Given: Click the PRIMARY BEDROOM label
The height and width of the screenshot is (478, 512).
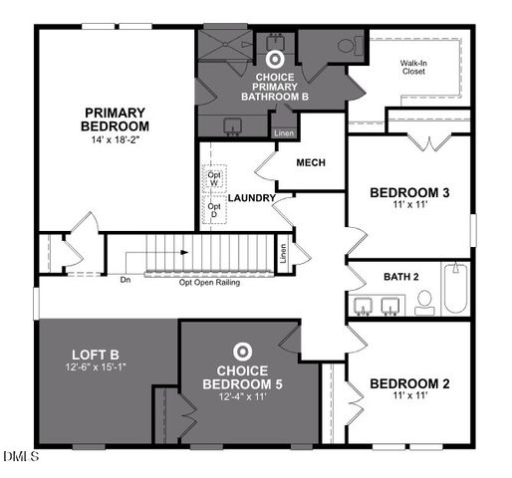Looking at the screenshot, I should [116, 119].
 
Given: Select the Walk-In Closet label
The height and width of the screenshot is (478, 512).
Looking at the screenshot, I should [414, 68].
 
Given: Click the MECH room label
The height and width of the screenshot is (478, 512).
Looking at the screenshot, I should [311, 163].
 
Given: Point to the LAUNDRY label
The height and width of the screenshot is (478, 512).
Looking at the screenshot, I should [251, 198].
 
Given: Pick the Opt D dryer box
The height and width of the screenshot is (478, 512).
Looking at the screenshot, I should [214, 211].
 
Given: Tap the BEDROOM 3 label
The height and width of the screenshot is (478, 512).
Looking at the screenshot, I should [407, 193].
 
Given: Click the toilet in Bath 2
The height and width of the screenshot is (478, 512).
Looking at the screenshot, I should [424, 301].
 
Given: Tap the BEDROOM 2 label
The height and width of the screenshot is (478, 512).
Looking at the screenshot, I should [407, 383].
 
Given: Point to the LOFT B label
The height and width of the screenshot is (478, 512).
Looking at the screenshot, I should [95, 355].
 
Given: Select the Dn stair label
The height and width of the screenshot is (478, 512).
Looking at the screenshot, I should [125, 280].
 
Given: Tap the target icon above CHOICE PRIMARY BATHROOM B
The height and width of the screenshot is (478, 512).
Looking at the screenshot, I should [274, 57].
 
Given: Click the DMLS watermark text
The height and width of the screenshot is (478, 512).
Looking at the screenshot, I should [20, 457].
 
